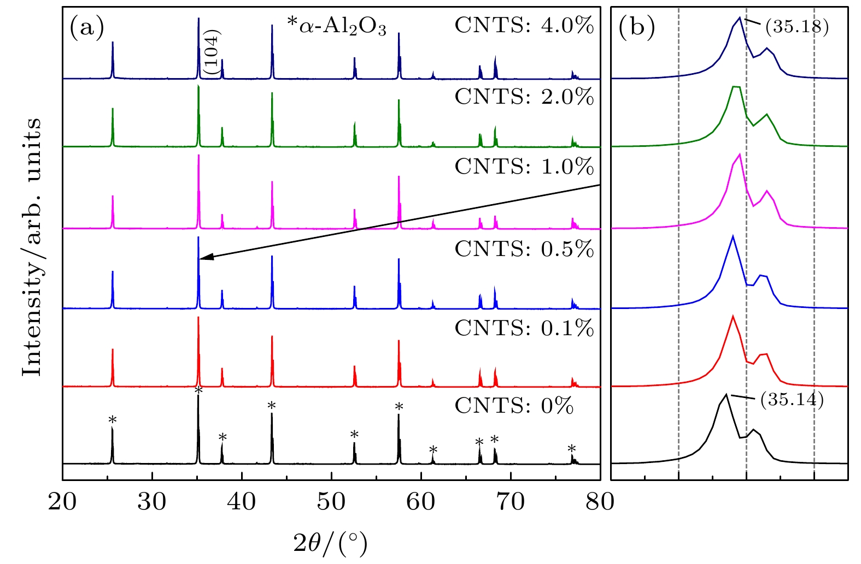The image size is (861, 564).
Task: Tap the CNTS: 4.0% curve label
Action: (524, 26)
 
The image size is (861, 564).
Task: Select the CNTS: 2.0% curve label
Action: (524, 97)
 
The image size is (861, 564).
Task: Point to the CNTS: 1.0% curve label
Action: (524, 167)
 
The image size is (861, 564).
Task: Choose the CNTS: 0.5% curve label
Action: (524, 249)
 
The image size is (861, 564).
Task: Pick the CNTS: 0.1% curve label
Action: (524, 328)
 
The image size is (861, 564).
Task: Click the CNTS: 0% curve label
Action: (514, 406)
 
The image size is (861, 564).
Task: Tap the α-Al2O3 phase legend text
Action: (337, 26)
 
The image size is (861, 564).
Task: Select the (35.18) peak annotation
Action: (796, 26)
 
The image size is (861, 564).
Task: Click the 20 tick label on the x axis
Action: (62, 502)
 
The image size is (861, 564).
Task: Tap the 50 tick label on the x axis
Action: (331, 502)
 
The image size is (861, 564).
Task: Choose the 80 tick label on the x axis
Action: (600, 502)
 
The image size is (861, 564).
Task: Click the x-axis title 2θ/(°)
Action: (330, 543)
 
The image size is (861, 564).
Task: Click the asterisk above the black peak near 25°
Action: (113, 420)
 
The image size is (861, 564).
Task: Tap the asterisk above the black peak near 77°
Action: (572, 449)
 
